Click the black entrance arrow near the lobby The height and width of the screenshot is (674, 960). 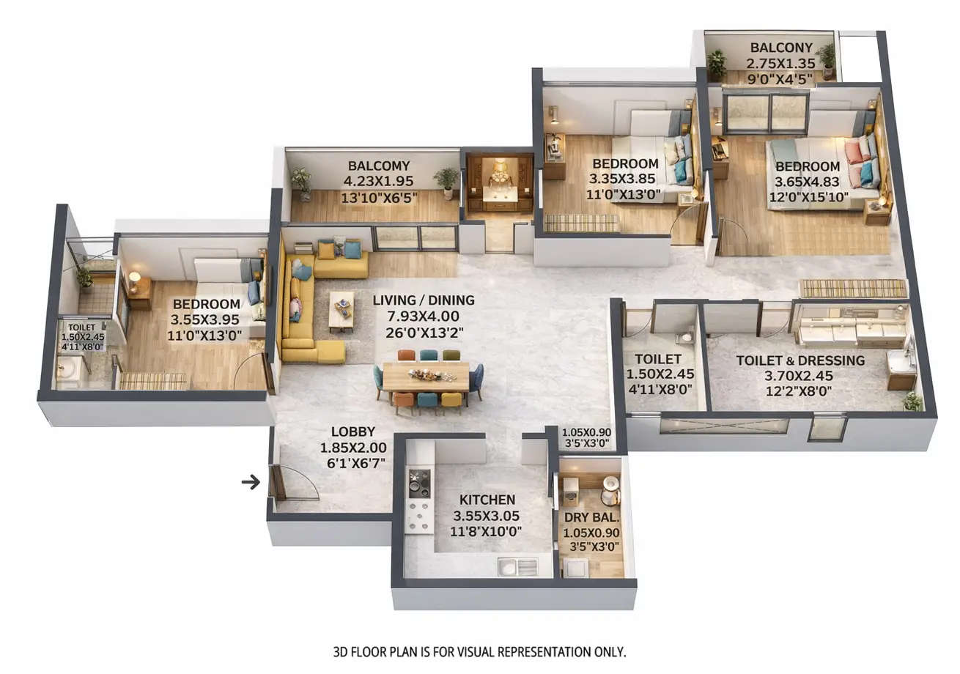[x=251, y=482]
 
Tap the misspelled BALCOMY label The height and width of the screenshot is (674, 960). [x=379, y=166]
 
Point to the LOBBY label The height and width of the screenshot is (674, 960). [x=352, y=432]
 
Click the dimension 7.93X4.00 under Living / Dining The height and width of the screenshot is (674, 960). [x=423, y=316]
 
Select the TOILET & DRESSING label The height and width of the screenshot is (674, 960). [x=800, y=360]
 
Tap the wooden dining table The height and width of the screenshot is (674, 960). [x=426, y=377]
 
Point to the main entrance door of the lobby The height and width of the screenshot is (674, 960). [x=278, y=484]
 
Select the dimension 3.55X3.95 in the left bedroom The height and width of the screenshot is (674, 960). [x=205, y=320]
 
